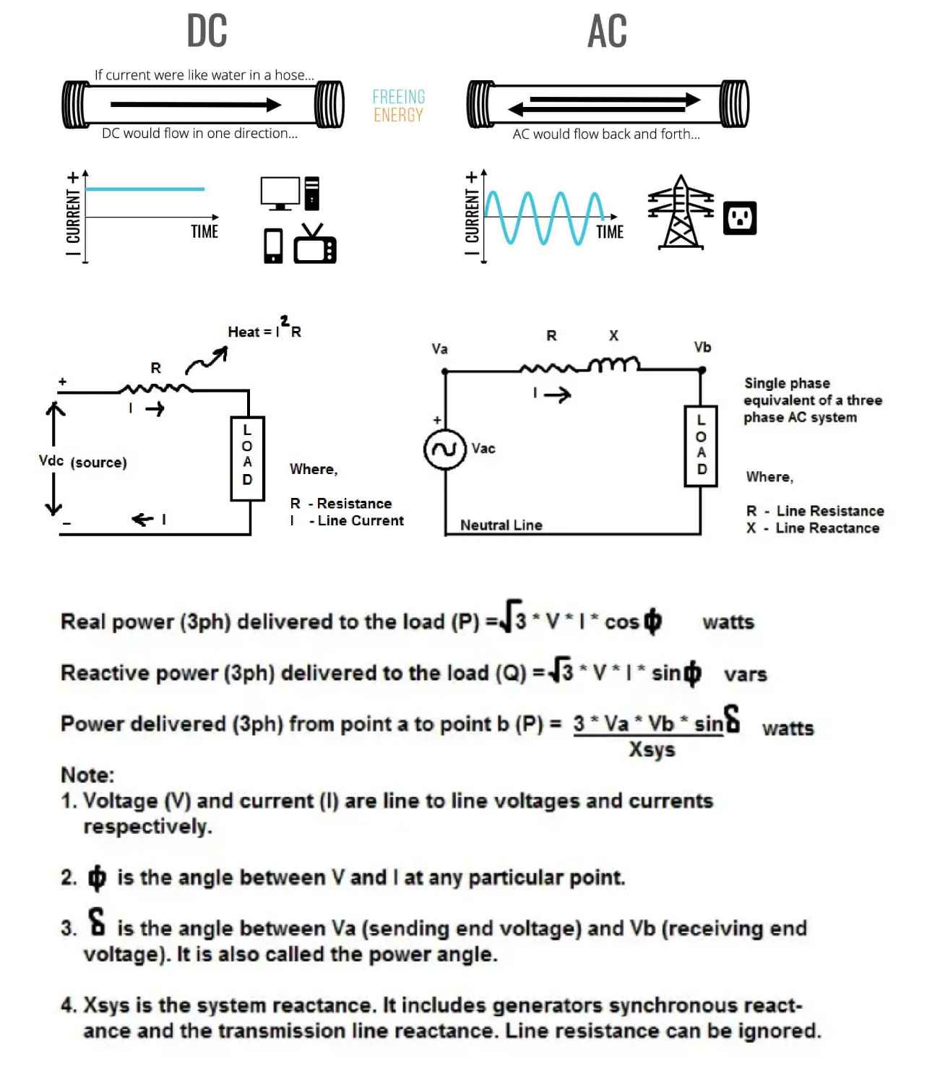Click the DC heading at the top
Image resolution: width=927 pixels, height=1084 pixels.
pyautogui.click(x=207, y=31)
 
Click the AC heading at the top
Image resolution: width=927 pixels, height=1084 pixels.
pyautogui.click(x=607, y=31)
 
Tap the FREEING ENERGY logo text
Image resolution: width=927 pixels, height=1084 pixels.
pyautogui.click(x=398, y=106)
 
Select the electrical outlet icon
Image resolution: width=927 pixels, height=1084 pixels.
pyautogui.click(x=740, y=218)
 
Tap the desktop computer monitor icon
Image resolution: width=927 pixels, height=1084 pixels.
pyautogui.click(x=280, y=193)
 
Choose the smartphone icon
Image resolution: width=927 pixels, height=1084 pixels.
pyautogui.click(x=273, y=246)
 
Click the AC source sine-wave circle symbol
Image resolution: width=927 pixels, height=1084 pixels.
pyautogui.click(x=444, y=449)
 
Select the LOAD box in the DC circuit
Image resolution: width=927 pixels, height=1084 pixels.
pyautogui.click(x=247, y=458)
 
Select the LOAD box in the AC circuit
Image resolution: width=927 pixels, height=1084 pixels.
pyautogui.click(x=701, y=445)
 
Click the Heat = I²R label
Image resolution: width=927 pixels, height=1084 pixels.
pyautogui.click(x=264, y=330)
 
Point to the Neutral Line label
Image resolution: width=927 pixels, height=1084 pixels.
pyautogui.click(x=501, y=525)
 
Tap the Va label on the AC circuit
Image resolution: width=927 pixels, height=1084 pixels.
pyautogui.click(x=439, y=349)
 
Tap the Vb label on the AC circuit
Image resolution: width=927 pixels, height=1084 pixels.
pyautogui.click(x=702, y=348)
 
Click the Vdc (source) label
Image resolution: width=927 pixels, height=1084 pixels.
pyautogui.click(x=82, y=462)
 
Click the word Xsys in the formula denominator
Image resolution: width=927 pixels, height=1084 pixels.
pyautogui.click(x=652, y=749)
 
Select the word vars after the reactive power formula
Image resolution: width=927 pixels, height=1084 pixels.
pyautogui.click(x=746, y=674)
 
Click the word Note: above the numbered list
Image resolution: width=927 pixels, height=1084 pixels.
pyautogui.click(x=87, y=775)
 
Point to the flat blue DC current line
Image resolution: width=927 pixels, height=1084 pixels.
pyautogui.click(x=145, y=189)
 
